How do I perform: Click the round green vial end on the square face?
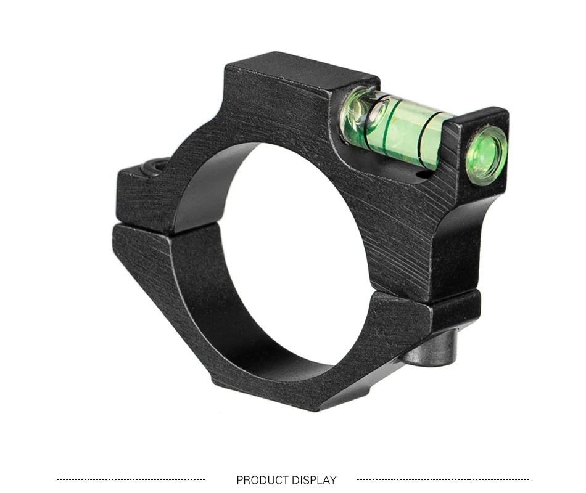coord(487,156)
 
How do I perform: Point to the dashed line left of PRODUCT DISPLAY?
coord(131,479)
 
